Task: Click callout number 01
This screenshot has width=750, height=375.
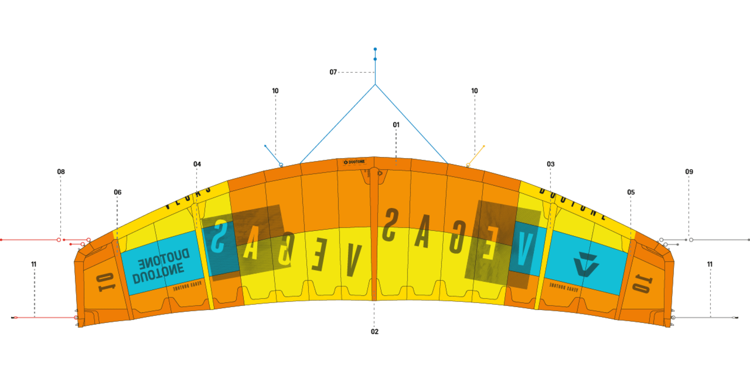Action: [396, 125]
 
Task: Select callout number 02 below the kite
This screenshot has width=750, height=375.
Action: [374, 331]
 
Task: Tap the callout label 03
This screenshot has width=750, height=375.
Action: [550, 164]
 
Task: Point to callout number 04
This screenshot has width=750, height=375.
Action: [197, 164]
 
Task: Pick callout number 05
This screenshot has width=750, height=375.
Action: [631, 192]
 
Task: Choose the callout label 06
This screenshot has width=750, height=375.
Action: [118, 192]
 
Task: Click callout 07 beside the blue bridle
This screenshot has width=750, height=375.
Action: [333, 72]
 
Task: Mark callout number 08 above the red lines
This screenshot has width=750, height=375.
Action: [61, 172]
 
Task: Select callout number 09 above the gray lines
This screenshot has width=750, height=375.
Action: [689, 172]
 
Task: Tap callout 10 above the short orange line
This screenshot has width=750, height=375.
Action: [474, 91]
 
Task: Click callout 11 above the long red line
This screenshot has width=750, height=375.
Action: [34, 264]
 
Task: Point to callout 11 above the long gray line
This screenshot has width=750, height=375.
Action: [710, 264]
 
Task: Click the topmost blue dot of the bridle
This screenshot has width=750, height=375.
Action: [375, 49]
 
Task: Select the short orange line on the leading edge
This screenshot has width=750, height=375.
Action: [476, 155]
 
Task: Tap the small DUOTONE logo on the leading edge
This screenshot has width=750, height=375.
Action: [354, 162]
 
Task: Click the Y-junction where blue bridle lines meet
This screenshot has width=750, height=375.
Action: [375, 85]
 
